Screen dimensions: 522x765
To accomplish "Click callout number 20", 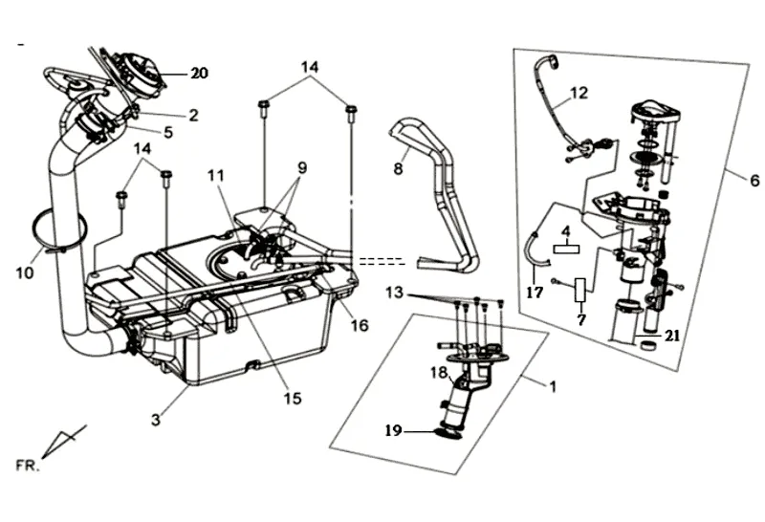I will coord(199,74).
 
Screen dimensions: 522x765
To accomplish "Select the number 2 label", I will coord(193,116).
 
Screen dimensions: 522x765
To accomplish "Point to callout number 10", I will coord(25,272).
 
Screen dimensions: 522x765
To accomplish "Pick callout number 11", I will coord(214,175).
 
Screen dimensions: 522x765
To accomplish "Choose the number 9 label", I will coord(301,167).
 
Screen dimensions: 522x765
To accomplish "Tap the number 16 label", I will coord(360,326).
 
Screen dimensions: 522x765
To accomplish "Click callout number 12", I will coord(579,93).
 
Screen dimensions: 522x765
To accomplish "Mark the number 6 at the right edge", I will coord(755,180).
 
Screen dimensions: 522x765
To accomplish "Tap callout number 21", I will coord(673,337).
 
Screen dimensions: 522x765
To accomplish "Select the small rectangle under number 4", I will coord(565,247).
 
